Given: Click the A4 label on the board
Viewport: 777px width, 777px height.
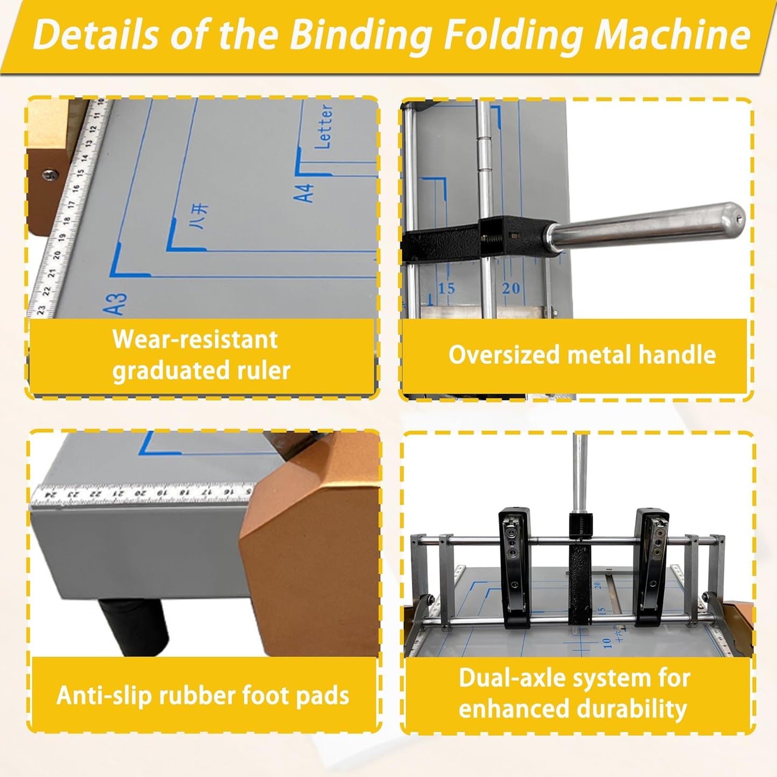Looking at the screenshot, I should pyautogui.click(x=304, y=193).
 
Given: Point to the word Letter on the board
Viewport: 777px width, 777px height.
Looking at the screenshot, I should pyautogui.click(x=324, y=127).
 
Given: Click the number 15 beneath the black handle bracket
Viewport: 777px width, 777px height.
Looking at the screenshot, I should pyautogui.click(x=446, y=289).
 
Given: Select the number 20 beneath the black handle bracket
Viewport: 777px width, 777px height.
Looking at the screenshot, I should pyautogui.click(x=510, y=289).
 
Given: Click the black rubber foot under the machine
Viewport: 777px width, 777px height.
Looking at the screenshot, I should pyautogui.click(x=132, y=626).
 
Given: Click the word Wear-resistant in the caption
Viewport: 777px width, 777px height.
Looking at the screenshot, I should pyautogui.click(x=195, y=340).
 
